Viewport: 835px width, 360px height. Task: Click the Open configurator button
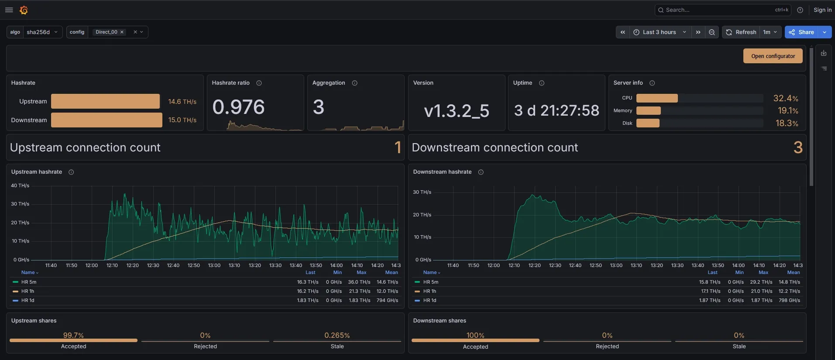pyautogui.click(x=773, y=56)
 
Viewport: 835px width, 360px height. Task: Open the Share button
pyautogui.click(x=802, y=32)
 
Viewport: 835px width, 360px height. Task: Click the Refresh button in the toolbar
pyautogui.click(x=741, y=32)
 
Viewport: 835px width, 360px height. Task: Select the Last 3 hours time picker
pyautogui.click(x=660, y=32)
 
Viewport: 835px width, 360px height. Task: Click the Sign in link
pyautogui.click(x=822, y=10)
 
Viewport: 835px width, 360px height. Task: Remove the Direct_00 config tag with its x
pyautogui.click(x=122, y=32)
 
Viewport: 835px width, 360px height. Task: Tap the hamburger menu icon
pyautogui.click(x=9, y=10)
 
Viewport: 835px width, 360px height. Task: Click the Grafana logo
pyautogui.click(x=24, y=10)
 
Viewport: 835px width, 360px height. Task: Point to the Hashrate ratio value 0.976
pyautogui.click(x=238, y=107)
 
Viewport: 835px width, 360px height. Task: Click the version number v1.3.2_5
pyautogui.click(x=457, y=111)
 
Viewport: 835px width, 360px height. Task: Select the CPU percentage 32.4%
pyautogui.click(x=786, y=98)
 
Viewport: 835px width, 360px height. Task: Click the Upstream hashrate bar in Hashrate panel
pyautogui.click(x=105, y=101)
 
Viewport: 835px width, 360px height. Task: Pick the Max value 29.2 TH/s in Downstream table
pyautogui.click(x=761, y=282)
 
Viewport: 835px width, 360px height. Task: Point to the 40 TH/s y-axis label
pyautogui.click(x=20, y=185)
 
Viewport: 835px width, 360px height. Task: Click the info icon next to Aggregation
pyautogui.click(x=355, y=83)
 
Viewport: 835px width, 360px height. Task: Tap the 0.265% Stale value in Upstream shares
pyautogui.click(x=337, y=335)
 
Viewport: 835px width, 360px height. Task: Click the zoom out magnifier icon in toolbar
pyautogui.click(x=712, y=32)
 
